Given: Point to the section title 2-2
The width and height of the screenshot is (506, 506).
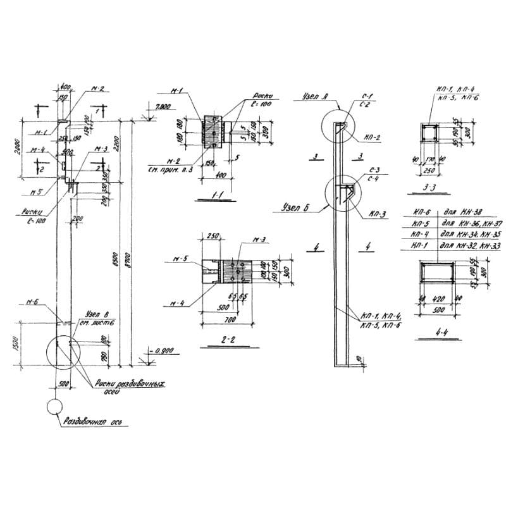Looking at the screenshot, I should (216, 340).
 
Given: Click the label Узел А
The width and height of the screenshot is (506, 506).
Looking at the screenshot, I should (310, 97).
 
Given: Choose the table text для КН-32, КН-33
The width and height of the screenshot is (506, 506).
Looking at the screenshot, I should (464, 244).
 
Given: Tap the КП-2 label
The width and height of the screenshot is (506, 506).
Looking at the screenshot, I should (373, 137).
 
